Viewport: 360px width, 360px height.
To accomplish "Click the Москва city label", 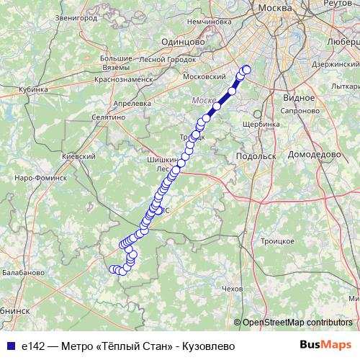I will click(x=276, y=6).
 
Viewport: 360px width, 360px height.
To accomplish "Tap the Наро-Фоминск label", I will click(x=35, y=176).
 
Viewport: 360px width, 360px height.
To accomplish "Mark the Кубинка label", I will click(x=32, y=90).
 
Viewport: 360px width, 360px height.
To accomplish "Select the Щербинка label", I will click(x=262, y=124).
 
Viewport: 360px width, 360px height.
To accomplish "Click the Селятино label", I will click(x=109, y=116).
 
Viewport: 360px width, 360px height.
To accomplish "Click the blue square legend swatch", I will click(x=9, y=345).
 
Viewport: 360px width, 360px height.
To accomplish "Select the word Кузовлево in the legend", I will click(x=209, y=346).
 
